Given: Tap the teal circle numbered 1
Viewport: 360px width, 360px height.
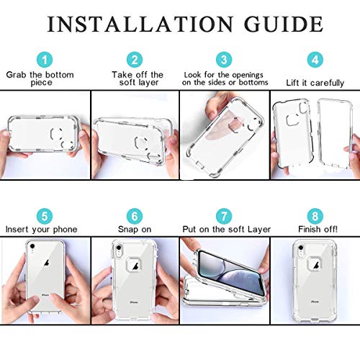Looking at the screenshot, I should coord(45,60).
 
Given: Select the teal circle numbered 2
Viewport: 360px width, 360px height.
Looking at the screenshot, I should coord(134,60).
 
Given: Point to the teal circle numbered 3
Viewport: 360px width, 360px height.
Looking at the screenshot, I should coord(225,60).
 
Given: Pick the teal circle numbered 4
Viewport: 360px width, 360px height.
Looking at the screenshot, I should coord(314,60).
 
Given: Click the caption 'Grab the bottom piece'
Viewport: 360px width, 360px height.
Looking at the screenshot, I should coord(41,78).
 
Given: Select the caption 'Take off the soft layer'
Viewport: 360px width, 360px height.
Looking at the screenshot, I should coord(138,78).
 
